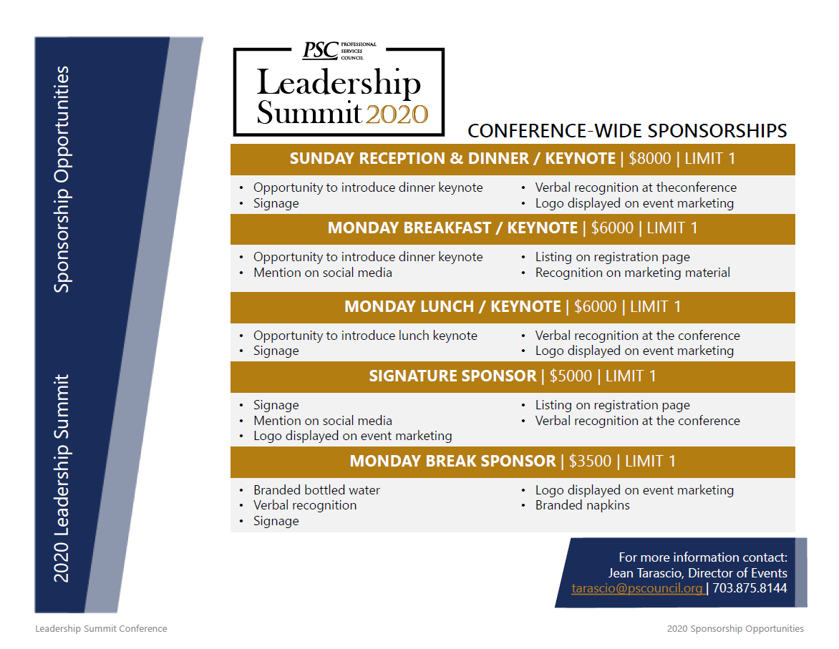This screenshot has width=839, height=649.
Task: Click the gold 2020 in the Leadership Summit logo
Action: (x=397, y=114)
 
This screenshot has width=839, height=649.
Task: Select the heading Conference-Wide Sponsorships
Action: (x=627, y=131)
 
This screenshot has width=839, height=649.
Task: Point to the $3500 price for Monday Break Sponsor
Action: (x=590, y=462)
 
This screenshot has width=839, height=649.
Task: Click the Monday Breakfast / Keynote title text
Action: (x=452, y=228)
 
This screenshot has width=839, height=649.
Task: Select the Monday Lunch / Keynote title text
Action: (x=452, y=307)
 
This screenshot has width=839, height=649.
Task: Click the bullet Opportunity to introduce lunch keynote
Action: (x=365, y=336)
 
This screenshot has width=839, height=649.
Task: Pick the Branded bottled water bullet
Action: (x=316, y=490)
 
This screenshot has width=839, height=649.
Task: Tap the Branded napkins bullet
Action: (x=582, y=505)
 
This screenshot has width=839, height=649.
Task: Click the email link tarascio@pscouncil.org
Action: (x=636, y=589)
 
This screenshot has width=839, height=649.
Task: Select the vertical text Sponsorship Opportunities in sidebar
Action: (x=63, y=179)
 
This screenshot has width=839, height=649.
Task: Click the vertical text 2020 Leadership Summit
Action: (x=63, y=477)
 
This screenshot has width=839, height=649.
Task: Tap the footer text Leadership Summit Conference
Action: (x=101, y=629)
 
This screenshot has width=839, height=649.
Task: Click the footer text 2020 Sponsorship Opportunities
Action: (x=734, y=629)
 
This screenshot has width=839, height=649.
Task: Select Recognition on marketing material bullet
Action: (x=632, y=273)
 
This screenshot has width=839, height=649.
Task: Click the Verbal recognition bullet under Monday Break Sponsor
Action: (x=305, y=505)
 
